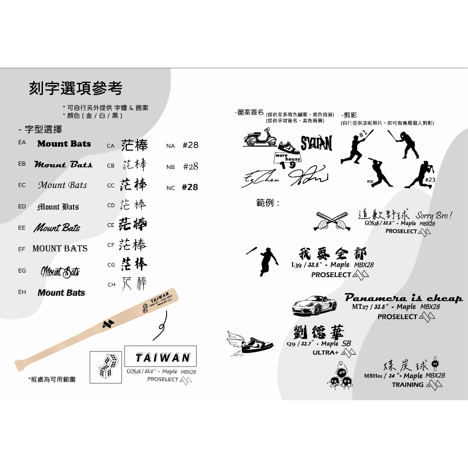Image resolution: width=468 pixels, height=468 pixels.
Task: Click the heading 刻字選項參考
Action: coord(75,88)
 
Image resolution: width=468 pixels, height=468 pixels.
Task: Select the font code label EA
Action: coord(22,142)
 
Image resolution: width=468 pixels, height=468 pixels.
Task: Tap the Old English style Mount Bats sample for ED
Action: coord(58,206)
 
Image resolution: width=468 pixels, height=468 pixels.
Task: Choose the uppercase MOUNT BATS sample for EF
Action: coord(60,249)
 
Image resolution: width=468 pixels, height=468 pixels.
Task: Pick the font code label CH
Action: coord(111,285)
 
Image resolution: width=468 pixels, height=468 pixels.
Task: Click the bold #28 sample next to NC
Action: coord(190,187)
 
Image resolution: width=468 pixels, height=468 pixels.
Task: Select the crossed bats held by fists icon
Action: coord(332,221)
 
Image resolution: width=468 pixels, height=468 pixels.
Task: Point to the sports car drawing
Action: coord(314,305)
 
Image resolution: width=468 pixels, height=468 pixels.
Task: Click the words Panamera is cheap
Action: coord(403,298)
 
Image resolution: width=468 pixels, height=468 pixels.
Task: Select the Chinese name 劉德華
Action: coord(319,333)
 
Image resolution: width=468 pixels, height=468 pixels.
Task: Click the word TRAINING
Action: coord(408,385)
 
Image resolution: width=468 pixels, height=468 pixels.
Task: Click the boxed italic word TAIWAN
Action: coord(162,358)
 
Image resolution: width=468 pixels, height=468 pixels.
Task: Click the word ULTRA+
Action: coord(326,352)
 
